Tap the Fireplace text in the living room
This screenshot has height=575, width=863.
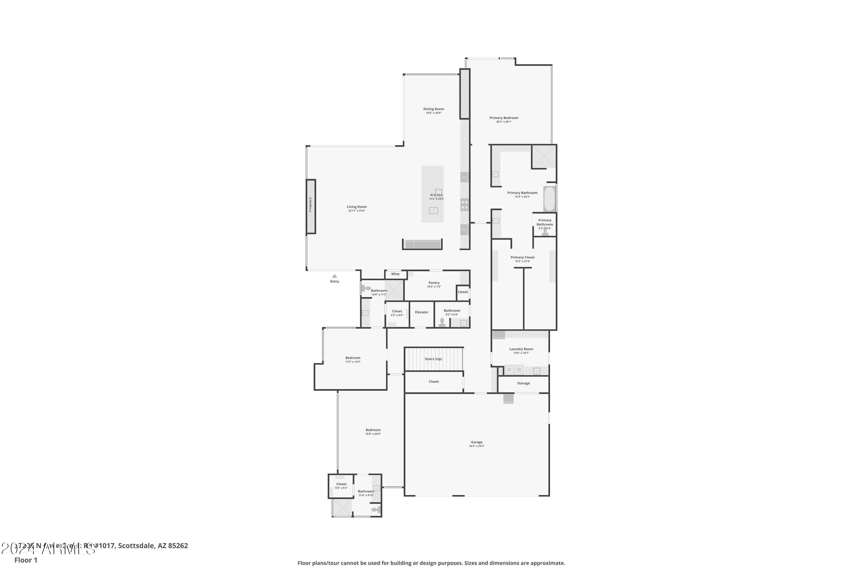(x=310, y=205)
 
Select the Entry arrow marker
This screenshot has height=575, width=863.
(x=334, y=276)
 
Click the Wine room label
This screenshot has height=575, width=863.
(x=395, y=274)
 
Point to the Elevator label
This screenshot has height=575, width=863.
(x=422, y=312)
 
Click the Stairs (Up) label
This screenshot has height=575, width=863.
(x=433, y=359)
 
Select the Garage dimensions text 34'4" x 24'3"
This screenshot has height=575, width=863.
(x=477, y=446)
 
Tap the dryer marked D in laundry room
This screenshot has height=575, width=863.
(x=509, y=370)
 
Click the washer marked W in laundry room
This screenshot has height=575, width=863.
(x=519, y=370)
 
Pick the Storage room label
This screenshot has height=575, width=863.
(x=523, y=383)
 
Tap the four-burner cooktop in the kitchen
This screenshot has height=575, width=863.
(x=465, y=205)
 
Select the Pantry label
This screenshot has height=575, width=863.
(x=434, y=283)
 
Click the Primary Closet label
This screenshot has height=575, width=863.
(x=522, y=257)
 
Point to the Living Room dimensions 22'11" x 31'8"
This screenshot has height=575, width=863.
(x=357, y=211)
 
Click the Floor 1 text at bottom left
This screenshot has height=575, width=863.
(x=26, y=560)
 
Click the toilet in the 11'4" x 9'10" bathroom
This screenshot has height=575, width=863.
(x=376, y=510)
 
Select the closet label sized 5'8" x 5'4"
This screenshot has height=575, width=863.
(x=341, y=484)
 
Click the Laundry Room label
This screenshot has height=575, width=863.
(x=521, y=349)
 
